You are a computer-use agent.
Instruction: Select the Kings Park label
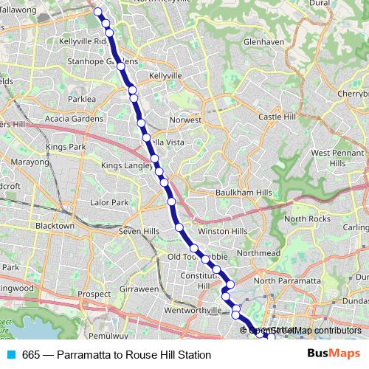[x=66, y=148]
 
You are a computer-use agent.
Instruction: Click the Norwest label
[x=185, y=120]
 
